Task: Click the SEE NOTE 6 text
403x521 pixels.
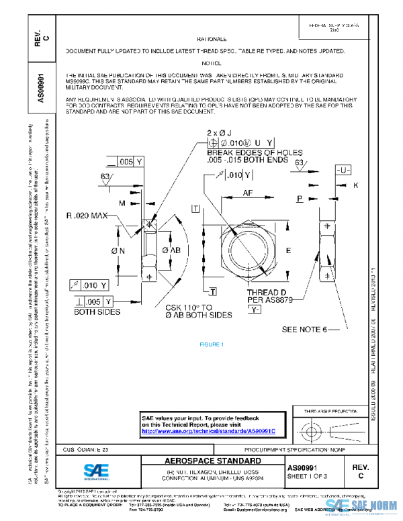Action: click(304, 330)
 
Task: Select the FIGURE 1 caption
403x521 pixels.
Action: click(211, 344)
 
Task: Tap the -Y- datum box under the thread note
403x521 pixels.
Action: click(255, 311)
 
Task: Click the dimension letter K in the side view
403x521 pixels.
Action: click(355, 185)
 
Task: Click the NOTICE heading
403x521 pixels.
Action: click(211, 62)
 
